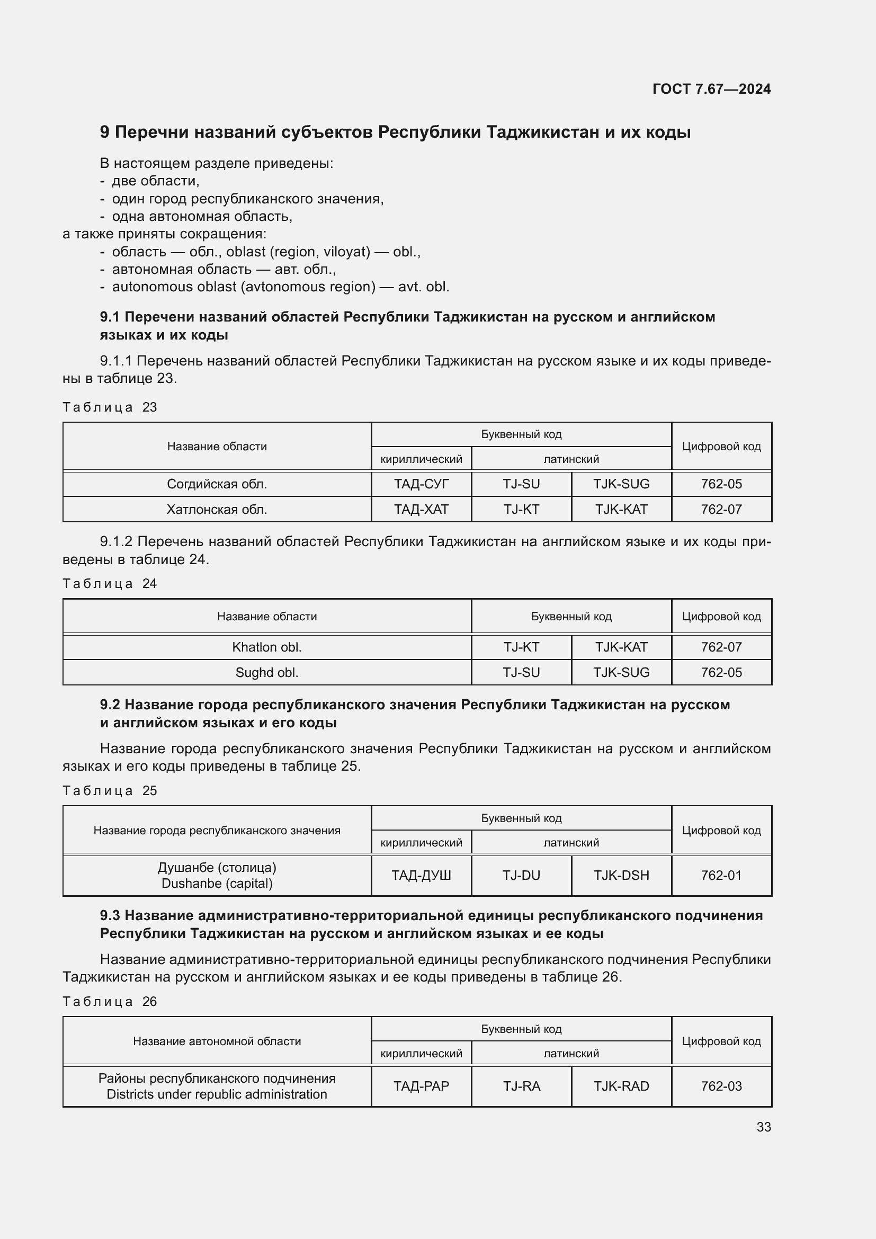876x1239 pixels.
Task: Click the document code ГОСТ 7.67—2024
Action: click(x=711, y=89)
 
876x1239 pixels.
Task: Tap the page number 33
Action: click(x=763, y=1127)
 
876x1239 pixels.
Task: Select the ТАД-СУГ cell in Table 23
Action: click(x=421, y=484)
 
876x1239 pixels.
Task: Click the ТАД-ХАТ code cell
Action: click(x=421, y=510)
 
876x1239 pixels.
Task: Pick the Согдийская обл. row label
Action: click(x=217, y=484)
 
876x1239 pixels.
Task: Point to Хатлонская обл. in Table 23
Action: click(x=217, y=510)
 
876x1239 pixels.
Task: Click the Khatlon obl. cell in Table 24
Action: click(x=266, y=647)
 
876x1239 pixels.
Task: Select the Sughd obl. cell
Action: click(x=266, y=672)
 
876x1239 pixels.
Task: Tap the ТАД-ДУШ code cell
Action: click(x=421, y=875)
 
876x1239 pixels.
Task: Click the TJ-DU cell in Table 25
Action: click(x=521, y=875)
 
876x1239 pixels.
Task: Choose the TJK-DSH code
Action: click(x=621, y=875)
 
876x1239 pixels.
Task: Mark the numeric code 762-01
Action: click(x=721, y=875)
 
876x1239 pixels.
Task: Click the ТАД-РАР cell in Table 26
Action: click(x=421, y=1086)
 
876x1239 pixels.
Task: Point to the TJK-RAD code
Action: click(x=621, y=1086)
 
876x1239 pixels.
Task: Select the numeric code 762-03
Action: click(x=721, y=1086)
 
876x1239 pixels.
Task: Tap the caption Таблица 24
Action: click(x=110, y=583)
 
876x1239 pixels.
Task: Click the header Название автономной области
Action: click(x=217, y=1041)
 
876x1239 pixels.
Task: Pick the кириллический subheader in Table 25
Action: click(x=421, y=842)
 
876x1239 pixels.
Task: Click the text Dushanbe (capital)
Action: click(x=217, y=884)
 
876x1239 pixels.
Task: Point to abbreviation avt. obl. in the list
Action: click(x=424, y=287)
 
